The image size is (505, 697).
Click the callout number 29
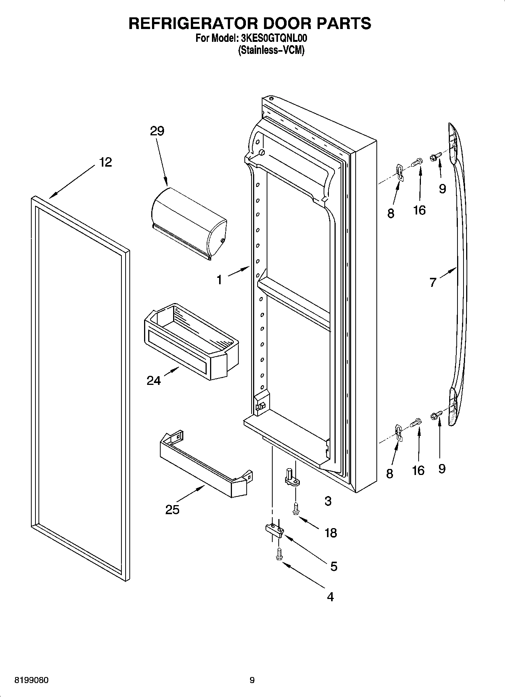coord(157,131)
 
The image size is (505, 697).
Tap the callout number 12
coord(106,162)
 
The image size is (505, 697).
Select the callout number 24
coord(153,381)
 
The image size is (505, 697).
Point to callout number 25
coord(172,510)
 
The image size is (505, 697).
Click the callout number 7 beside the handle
coord(433,282)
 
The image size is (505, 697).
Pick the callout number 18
coord(330,533)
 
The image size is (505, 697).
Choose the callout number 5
coord(333,566)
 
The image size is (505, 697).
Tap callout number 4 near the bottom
coord(330,597)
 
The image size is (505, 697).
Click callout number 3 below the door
coord(328,501)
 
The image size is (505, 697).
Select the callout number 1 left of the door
coord(219,280)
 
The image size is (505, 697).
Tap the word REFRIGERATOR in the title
coord(193,23)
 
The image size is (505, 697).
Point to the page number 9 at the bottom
coord(252,680)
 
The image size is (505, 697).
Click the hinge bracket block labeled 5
coord(275,530)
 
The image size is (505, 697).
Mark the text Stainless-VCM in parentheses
coord(271,50)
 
